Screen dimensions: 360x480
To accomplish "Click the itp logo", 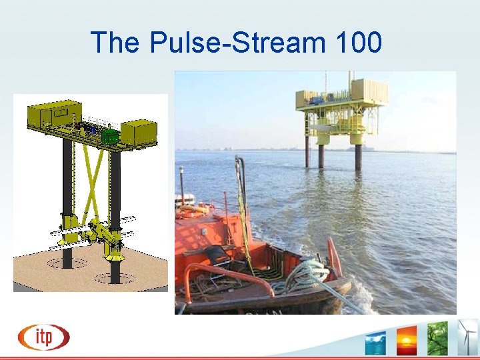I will click(x=43, y=337).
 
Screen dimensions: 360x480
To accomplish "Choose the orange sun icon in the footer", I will click(x=406, y=340).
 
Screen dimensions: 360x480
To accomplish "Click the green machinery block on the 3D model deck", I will click(x=109, y=135).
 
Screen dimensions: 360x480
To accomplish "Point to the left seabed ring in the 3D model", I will click(x=66, y=263).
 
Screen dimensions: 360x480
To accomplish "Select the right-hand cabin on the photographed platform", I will click(x=369, y=91).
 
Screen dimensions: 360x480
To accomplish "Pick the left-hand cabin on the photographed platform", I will click(x=309, y=99).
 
